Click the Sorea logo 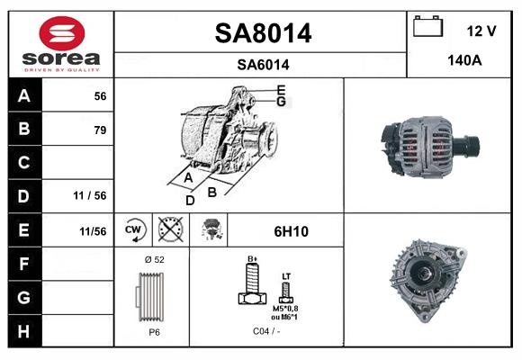tap(60, 43)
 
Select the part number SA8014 tap(262, 33)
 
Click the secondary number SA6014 tap(262, 64)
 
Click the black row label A tap(23, 96)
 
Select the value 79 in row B tap(99, 130)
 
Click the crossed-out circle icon tap(168, 230)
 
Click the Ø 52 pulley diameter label tap(153, 259)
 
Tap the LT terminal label tap(286, 276)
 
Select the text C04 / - tap(266, 330)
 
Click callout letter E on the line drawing tap(282, 88)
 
